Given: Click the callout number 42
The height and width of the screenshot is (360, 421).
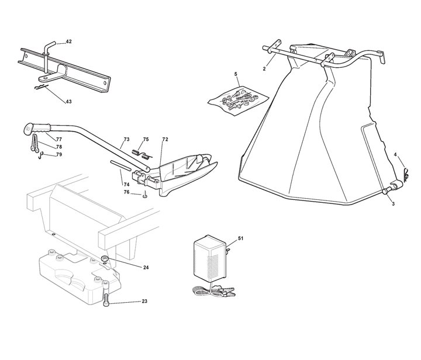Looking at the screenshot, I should (68, 42).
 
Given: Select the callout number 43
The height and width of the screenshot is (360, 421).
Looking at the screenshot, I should (68, 102).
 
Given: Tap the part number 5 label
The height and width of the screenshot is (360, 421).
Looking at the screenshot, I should (236, 74).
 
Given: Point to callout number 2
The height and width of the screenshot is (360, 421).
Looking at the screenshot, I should (264, 69).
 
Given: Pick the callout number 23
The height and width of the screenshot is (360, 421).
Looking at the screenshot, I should (144, 301).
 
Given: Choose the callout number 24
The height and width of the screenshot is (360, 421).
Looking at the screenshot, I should (146, 267).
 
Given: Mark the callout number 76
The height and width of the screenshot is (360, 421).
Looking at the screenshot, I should (127, 192).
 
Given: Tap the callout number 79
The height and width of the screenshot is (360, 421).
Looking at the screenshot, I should (59, 154).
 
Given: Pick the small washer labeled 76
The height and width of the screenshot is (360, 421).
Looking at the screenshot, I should (143, 196).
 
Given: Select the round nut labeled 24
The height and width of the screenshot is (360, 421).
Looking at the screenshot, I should (105, 258).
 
